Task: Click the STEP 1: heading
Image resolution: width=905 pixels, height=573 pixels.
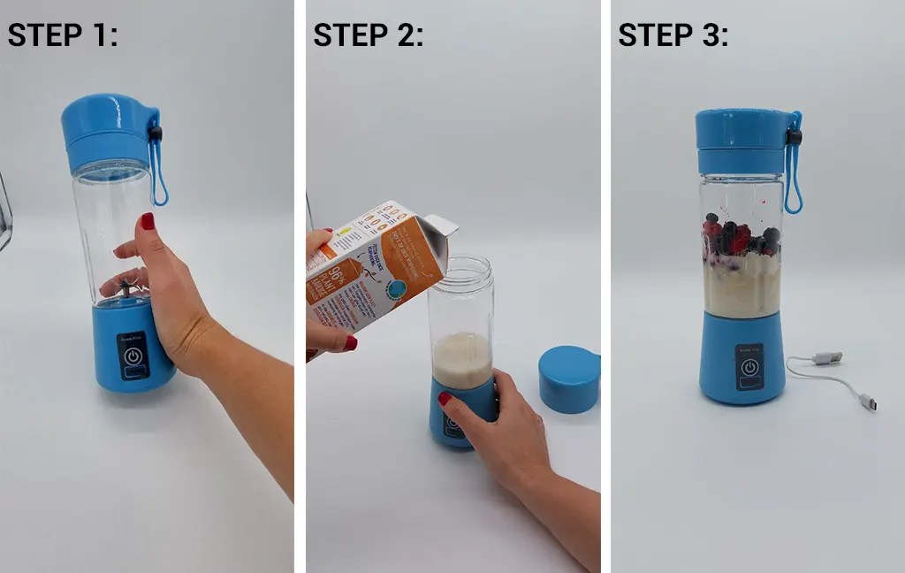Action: [63, 34]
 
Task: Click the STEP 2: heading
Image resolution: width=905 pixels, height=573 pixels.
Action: [369, 34]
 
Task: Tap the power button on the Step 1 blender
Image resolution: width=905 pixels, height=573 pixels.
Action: [133, 356]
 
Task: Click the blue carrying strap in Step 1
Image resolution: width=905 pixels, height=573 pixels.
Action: [159, 168]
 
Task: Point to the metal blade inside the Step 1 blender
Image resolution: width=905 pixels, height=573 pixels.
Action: [127, 287]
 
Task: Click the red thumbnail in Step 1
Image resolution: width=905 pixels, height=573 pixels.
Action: [147, 220]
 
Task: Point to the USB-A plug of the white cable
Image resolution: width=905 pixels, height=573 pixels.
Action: [827, 358]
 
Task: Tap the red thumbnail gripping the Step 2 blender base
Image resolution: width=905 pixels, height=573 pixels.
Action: [445, 399]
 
